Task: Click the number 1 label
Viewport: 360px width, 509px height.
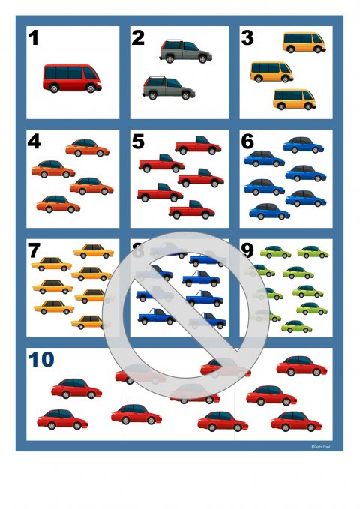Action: click(34, 38)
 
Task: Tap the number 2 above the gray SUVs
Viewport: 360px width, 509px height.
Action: click(138, 38)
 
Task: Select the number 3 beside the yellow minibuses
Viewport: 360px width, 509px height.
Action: click(247, 38)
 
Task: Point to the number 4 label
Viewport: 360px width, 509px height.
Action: click(34, 141)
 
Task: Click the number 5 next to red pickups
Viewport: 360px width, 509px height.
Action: click(138, 141)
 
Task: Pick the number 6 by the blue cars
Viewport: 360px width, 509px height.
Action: click(247, 141)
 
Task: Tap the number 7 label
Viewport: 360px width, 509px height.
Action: click(34, 250)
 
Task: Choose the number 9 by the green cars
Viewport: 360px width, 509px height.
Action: click(247, 250)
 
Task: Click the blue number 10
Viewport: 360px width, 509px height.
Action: click(42, 359)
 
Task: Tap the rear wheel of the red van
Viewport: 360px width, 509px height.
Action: click(53, 88)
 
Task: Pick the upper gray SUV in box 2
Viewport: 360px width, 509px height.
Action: click(185, 51)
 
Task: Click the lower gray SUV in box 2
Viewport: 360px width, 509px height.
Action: click(168, 87)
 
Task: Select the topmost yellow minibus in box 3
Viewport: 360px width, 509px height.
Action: click(304, 43)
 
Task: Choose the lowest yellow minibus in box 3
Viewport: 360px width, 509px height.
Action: click(294, 99)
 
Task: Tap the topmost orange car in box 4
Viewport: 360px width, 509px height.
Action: click(87, 148)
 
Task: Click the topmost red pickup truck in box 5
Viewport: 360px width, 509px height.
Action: click(197, 145)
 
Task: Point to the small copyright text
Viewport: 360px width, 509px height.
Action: click(320, 446)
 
